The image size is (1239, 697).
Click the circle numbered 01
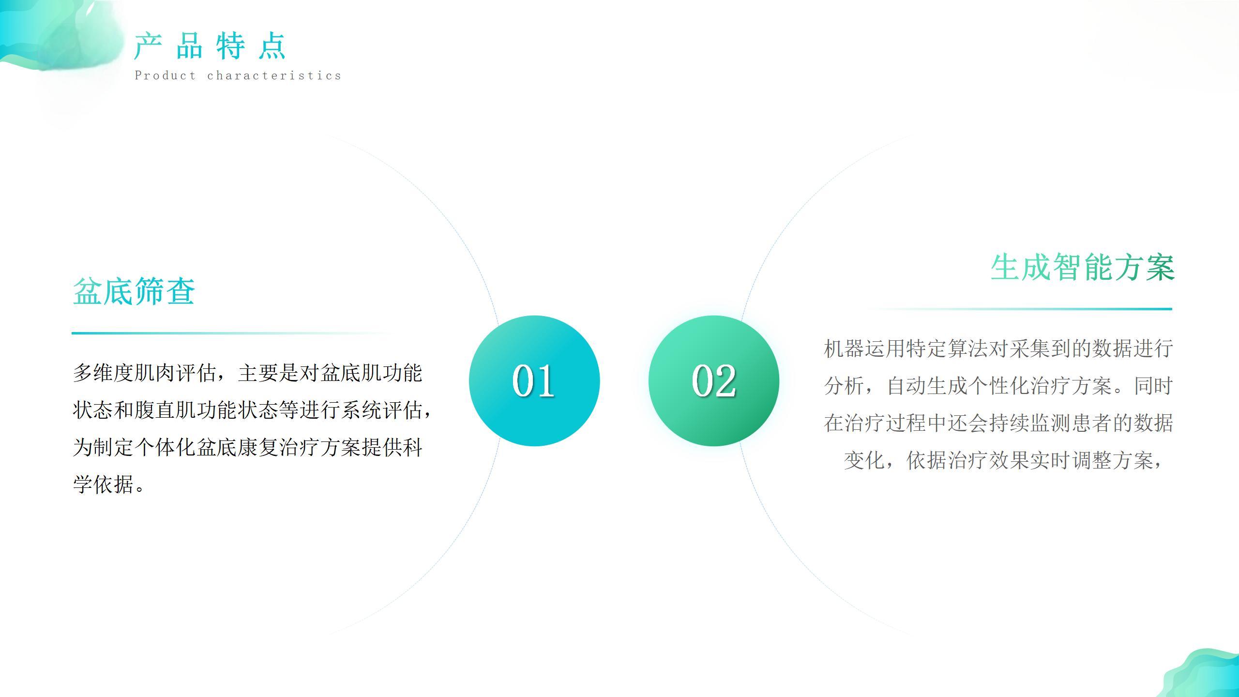pyautogui.click(x=534, y=380)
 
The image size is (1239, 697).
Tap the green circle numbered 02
pyautogui.click(x=714, y=380)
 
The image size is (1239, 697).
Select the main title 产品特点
pyautogui.click(x=211, y=46)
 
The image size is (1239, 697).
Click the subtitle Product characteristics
pyautogui.click(x=238, y=76)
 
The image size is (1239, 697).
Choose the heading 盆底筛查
pyautogui.click(x=134, y=291)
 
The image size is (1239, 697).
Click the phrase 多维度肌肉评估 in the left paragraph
pyautogui.click(x=145, y=373)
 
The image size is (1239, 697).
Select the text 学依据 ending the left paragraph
pyautogui.click(x=103, y=485)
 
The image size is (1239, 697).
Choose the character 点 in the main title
pyautogui.click(x=272, y=46)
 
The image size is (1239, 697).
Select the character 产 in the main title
pyautogui.click(x=148, y=46)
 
